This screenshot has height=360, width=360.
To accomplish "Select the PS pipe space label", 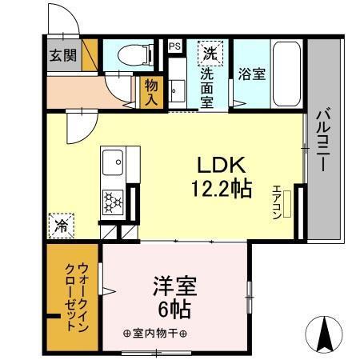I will pyautogui.click(x=174, y=46).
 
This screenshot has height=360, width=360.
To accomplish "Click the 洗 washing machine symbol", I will pyautogui.click(x=210, y=54).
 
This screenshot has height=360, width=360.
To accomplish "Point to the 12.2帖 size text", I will pyautogui.click(x=221, y=189).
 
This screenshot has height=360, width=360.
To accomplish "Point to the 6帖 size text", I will pyautogui.click(x=175, y=308).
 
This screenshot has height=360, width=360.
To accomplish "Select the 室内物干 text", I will pyautogui.click(x=156, y=334).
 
